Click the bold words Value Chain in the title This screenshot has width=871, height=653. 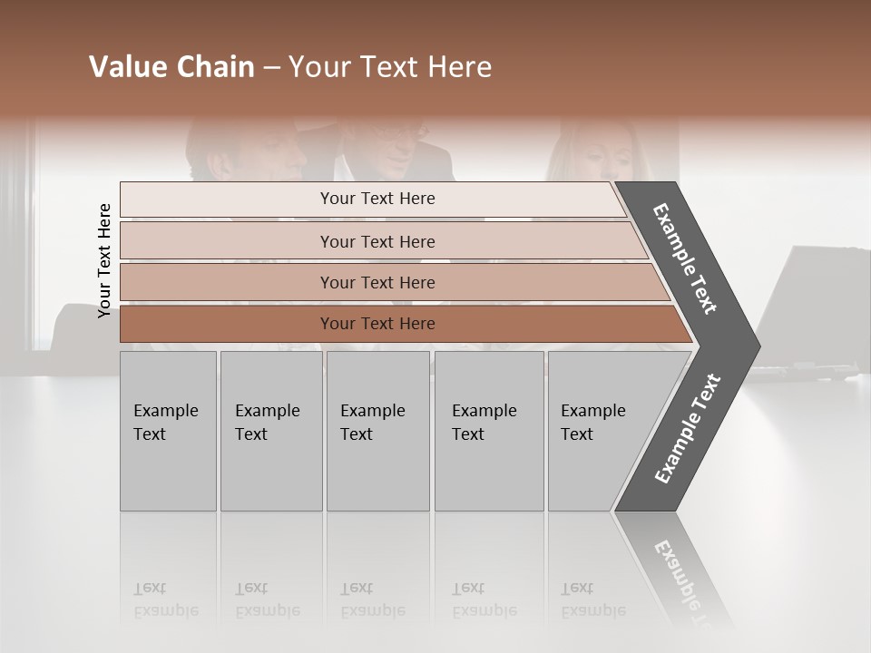click(171, 67)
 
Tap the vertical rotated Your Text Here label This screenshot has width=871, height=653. click(104, 260)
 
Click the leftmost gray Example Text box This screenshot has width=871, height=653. click(168, 431)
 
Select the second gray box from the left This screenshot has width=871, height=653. click(271, 431)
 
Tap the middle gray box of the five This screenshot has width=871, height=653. click(377, 431)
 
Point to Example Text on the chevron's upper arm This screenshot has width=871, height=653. click(685, 258)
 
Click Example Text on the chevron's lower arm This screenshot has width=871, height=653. click(687, 428)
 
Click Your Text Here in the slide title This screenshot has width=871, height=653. click(390, 67)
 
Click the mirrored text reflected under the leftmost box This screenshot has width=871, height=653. click(166, 599)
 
